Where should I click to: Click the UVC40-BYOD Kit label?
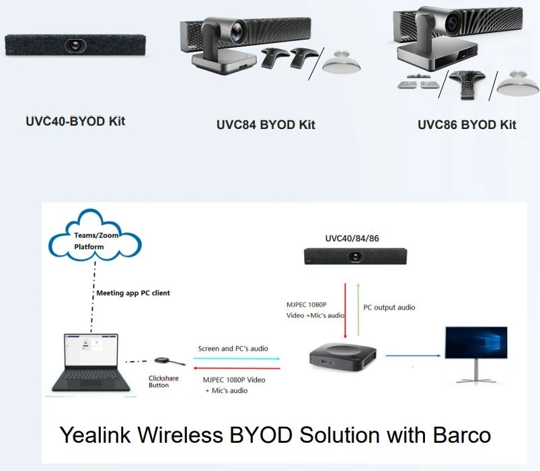pyautogui.click(x=75, y=122)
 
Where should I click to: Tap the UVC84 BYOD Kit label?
pyautogui.click(x=266, y=125)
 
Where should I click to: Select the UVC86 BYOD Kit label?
pyautogui.click(x=467, y=125)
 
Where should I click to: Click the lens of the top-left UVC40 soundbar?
pyautogui.click(x=75, y=45)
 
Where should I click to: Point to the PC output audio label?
pyautogui.click(x=389, y=307)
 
